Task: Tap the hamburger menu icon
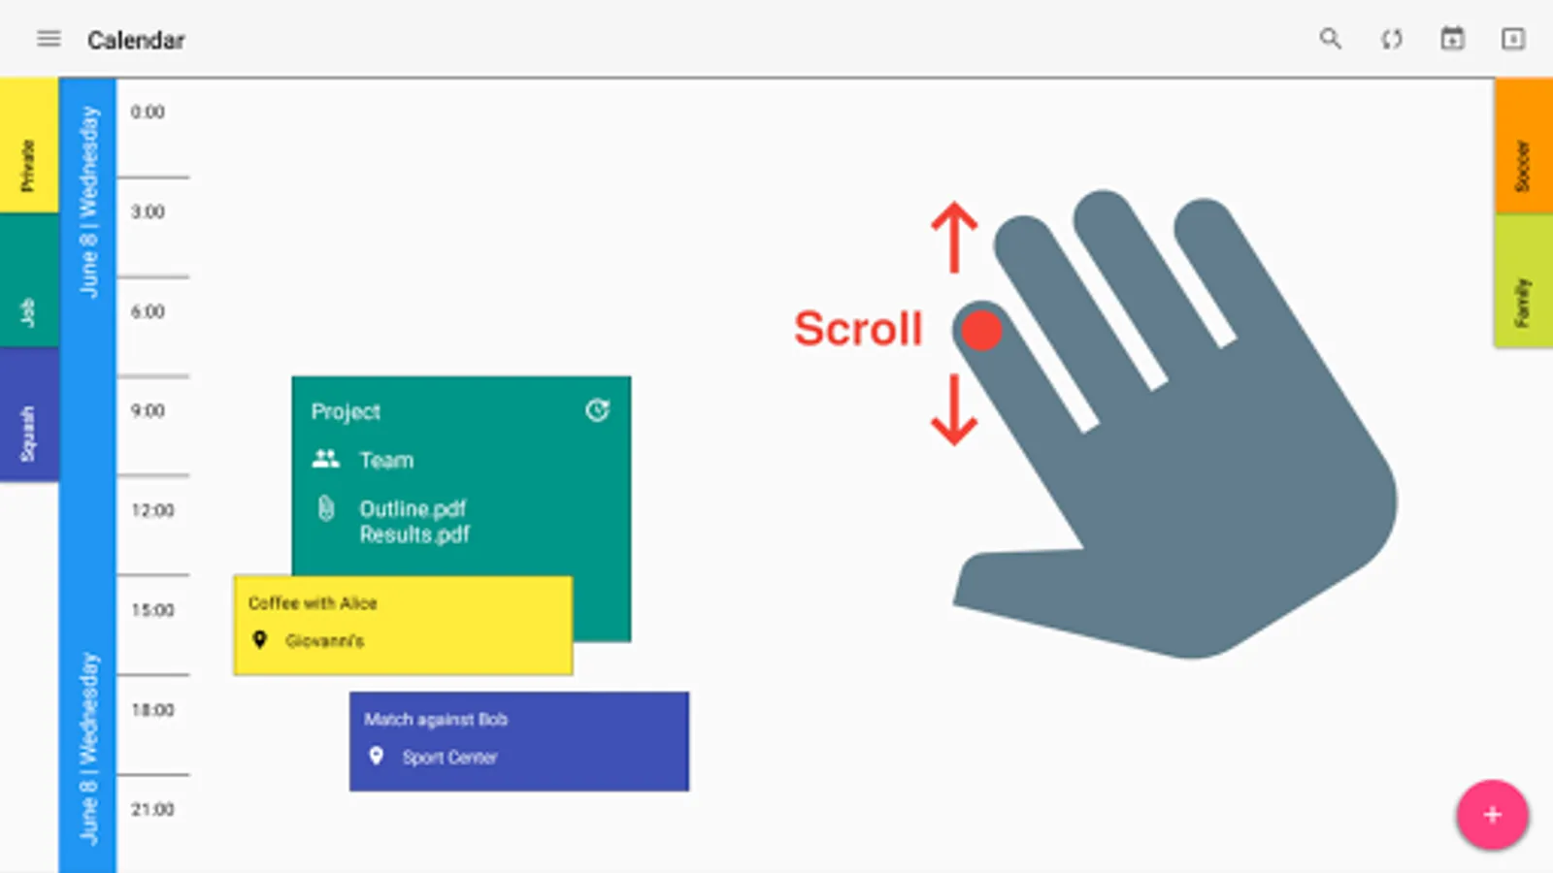(x=49, y=39)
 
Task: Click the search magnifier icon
(x=1330, y=39)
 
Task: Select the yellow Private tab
(x=29, y=145)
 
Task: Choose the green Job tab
(x=29, y=280)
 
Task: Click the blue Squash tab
(x=29, y=413)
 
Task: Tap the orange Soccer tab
(x=1523, y=145)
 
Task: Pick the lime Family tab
(x=1523, y=280)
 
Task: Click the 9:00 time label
(x=148, y=411)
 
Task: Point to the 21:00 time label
(x=152, y=809)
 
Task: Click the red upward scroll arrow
(x=955, y=237)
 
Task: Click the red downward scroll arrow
(x=955, y=409)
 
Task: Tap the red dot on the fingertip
(x=981, y=331)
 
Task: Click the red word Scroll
(x=858, y=329)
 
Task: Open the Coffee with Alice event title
(x=313, y=603)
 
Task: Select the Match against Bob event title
(x=436, y=720)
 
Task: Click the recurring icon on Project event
(x=597, y=410)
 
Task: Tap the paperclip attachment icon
(x=326, y=508)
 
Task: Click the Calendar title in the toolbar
(x=136, y=40)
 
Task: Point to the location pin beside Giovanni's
(x=260, y=639)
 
